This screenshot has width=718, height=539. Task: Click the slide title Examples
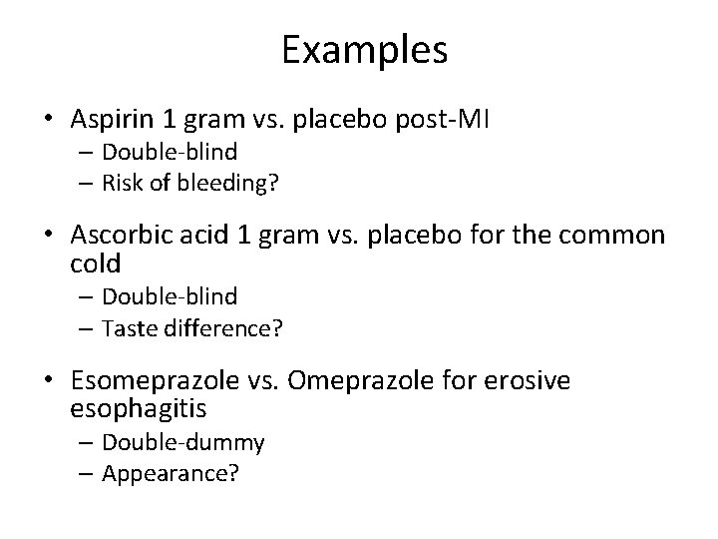click(x=364, y=50)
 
